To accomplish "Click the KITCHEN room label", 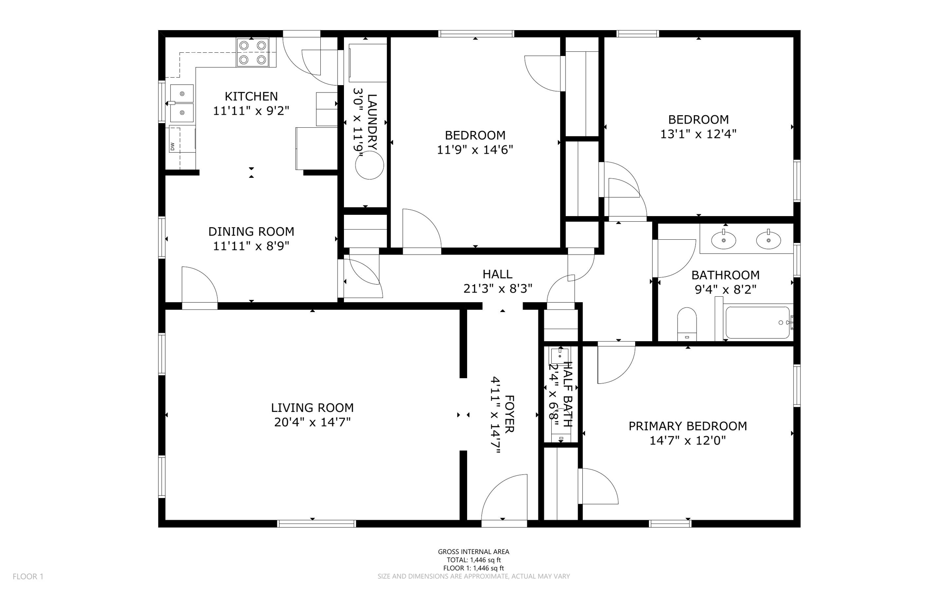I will pyautogui.click(x=251, y=96).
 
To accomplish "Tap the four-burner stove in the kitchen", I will pyautogui.click(x=253, y=52).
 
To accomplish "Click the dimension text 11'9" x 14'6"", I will pyautogui.click(x=475, y=150).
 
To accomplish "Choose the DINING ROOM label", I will pyautogui.click(x=251, y=231).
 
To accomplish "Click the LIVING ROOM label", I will pyautogui.click(x=312, y=408).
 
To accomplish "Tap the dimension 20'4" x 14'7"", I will pyautogui.click(x=312, y=422).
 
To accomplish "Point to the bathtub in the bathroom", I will pyautogui.click(x=757, y=323).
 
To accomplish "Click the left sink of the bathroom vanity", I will pyautogui.click(x=723, y=240).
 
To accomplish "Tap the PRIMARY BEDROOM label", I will pyautogui.click(x=687, y=426).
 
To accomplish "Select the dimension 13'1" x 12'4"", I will pyautogui.click(x=698, y=134).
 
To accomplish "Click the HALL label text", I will pyautogui.click(x=498, y=274).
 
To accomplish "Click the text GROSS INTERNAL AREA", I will pyautogui.click(x=474, y=551).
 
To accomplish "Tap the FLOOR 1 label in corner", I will pyautogui.click(x=28, y=576).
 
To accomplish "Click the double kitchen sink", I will pyautogui.click(x=181, y=103).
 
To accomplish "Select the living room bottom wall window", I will pyautogui.click(x=317, y=523).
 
